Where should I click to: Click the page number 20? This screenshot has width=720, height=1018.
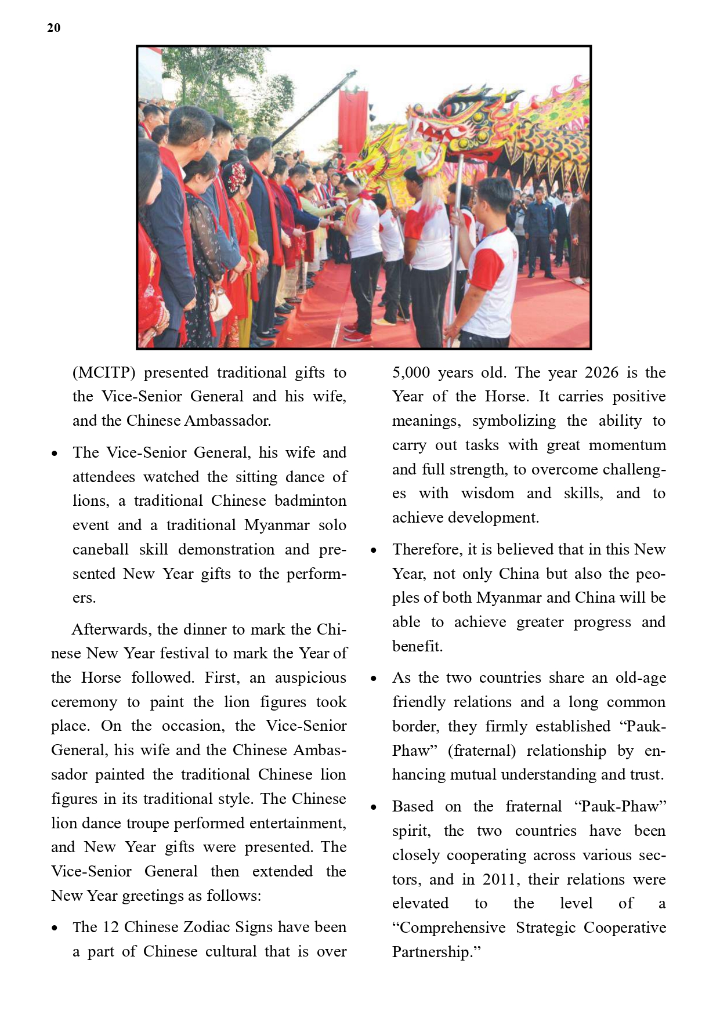click(53, 28)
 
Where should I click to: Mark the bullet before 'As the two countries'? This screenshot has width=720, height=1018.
click(374, 679)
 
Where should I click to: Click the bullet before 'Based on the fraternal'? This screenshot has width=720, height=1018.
click(374, 807)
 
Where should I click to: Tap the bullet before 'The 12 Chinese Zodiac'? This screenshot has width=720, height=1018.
click(55, 928)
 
